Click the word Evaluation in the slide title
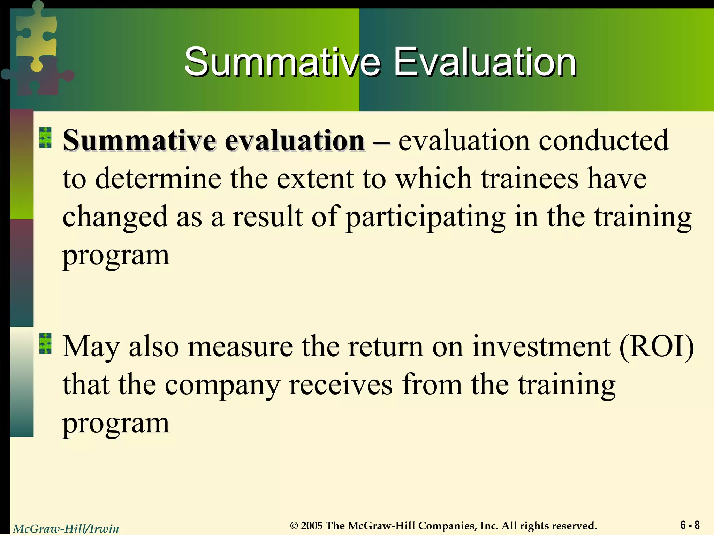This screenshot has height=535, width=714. pos(485,63)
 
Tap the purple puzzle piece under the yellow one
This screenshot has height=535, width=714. pos(38,77)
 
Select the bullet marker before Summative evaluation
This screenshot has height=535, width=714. pos(45,138)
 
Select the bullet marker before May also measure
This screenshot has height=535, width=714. pos(45,343)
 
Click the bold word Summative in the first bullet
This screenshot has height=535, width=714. pos(139,141)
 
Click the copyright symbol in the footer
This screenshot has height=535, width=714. pos(295,526)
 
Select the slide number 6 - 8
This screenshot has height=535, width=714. pos(690,525)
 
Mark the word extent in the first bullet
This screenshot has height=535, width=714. pos(314,179)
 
